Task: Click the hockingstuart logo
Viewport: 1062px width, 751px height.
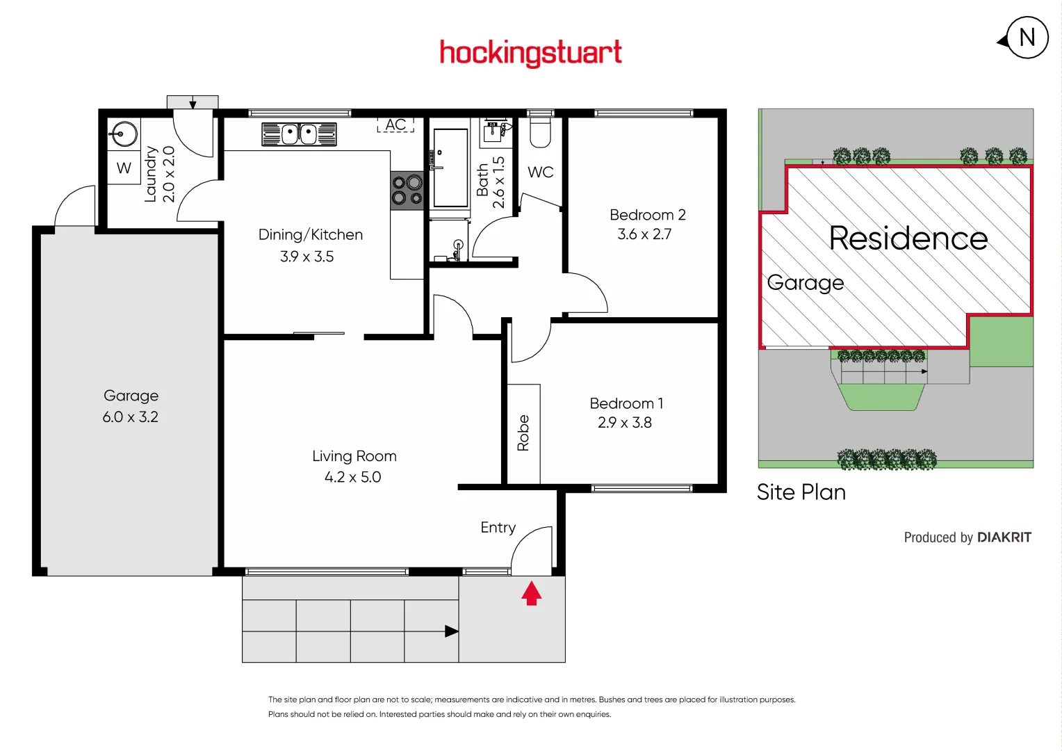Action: (x=530, y=53)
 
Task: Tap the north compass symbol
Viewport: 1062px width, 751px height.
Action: (x=1027, y=38)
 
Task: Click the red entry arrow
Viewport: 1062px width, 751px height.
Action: (x=532, y=593)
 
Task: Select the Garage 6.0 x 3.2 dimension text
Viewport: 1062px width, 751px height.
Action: (x=131, y=417)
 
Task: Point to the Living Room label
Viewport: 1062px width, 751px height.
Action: (x=354, y=456)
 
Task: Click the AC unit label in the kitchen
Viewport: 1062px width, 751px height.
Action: (x=395, y=124)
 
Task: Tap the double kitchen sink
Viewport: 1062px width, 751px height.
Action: (x=299, y=134)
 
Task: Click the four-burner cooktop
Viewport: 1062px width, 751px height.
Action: (x=407, y=191)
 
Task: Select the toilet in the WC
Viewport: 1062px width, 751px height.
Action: (x=540, y=132)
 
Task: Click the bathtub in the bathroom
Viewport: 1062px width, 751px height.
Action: (x=450, y=168)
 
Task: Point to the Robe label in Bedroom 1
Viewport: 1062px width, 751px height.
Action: (x=523, y=433)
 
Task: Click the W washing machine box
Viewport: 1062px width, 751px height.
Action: (x=124, y=168)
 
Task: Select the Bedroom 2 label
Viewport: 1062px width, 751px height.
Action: (x=647, y=215)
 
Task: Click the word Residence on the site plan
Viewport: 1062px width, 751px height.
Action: (x=908, y=239)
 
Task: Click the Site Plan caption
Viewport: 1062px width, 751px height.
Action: (x=801, y=492)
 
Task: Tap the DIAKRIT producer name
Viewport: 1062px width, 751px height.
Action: (x=1004, y=538)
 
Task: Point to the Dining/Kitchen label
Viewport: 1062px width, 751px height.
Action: (x=311, y=235)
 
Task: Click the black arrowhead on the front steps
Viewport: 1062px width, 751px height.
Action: (x=452, y=631)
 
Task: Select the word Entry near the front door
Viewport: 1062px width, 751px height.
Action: (x=498, y=528)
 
